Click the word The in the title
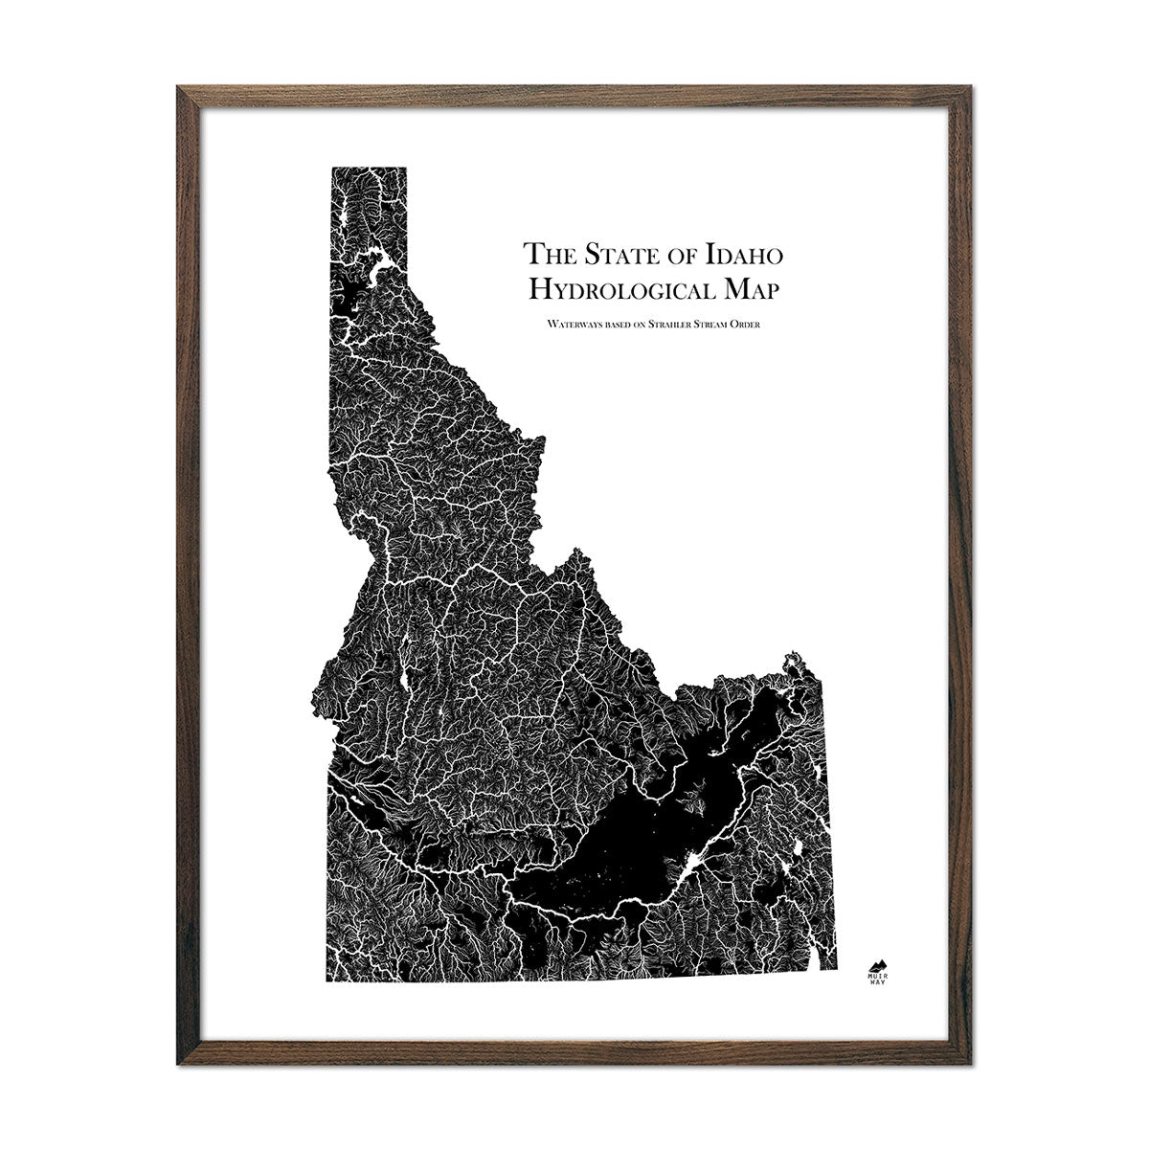[545, 255]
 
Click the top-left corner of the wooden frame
[176, 87]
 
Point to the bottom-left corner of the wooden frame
[176, 1063]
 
